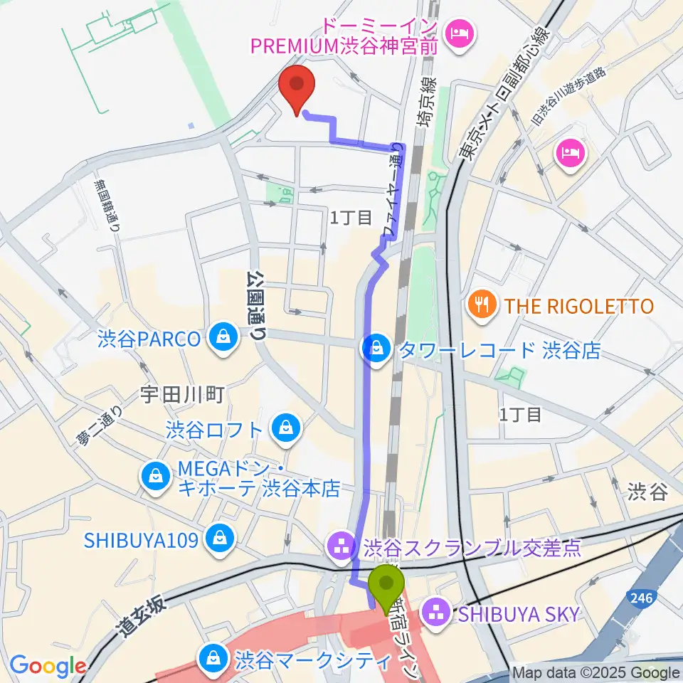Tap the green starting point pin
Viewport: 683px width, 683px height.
coord(386,585)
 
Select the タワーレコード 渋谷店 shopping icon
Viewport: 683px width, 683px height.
coord(375,349)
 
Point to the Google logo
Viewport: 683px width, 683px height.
coord(48,666)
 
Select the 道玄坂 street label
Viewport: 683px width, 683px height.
coord(142,616)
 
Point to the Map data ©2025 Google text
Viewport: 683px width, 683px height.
coord(596,673)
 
